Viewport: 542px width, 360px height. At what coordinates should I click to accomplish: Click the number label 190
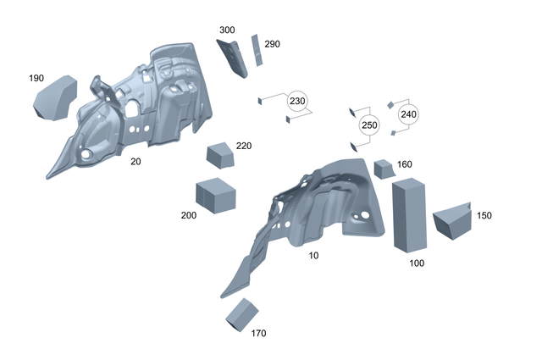36,78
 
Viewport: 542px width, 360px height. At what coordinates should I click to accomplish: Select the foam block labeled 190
54,98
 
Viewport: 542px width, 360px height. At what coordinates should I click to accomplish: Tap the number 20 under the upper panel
135,160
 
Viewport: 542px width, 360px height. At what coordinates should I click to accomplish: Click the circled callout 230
297,101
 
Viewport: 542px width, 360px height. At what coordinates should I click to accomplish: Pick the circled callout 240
408,114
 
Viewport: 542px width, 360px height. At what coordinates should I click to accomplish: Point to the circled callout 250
368,125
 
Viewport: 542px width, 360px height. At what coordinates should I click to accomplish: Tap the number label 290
272,44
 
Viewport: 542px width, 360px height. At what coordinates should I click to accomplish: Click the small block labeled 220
220,156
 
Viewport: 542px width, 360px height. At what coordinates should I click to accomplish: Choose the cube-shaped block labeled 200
215,195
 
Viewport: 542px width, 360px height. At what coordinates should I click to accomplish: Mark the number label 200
189,215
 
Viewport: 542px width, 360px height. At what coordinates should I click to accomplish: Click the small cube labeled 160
384,168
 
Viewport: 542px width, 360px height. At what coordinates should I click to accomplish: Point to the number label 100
417,263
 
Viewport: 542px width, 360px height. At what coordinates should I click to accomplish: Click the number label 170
259,333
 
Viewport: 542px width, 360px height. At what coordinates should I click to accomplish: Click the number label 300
227,30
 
